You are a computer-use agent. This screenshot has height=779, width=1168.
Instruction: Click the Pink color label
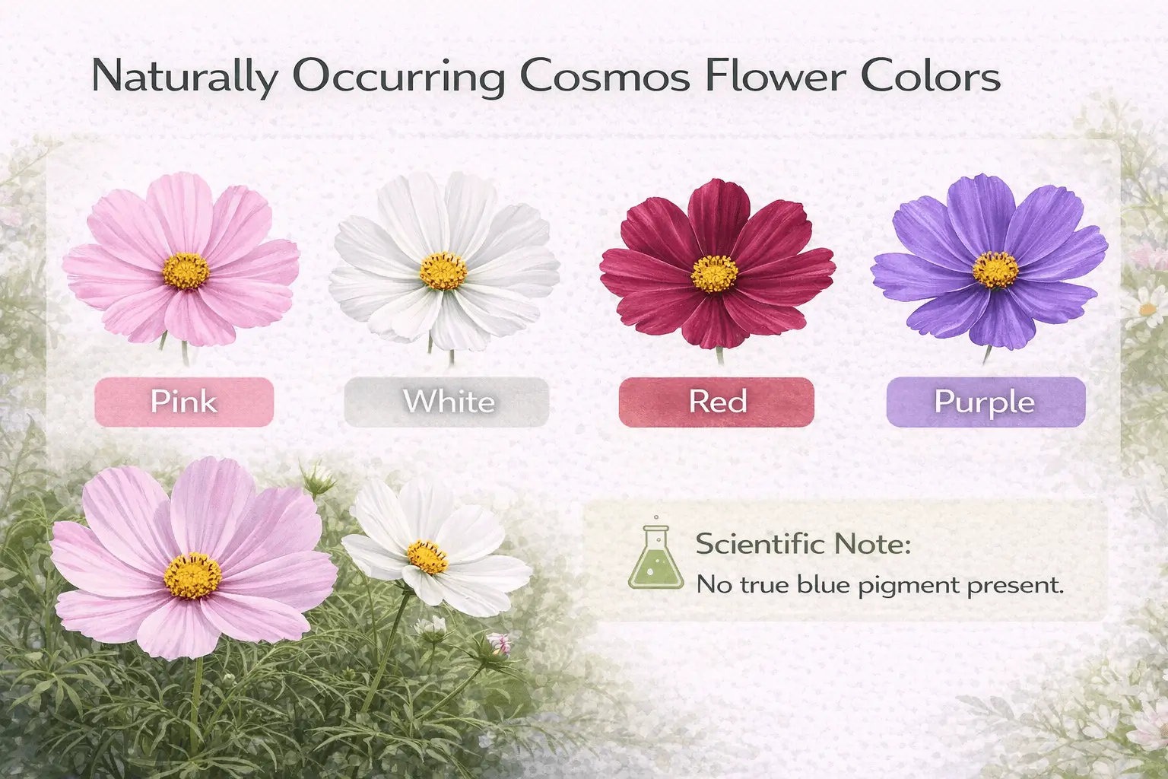pyautogui.click(x=184, y=402)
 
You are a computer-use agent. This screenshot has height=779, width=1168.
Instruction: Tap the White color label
pyautogui.click(x=447, y=402)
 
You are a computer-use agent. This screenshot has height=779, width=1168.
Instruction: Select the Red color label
pyautogui.click(x=717, y=402)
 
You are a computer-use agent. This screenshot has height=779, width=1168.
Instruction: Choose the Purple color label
pyautogui.click(x=985, y=402)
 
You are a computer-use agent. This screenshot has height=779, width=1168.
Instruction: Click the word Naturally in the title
pyautogui.click(x=184, y=79)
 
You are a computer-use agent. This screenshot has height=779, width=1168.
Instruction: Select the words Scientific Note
pyautogui.click(x=803, y=545)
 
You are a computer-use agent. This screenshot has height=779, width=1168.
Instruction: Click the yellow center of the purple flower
pyautogui.click(x=996, y=269)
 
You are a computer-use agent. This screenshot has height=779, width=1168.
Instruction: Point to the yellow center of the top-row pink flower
pyautogui.click(x=186, y=271)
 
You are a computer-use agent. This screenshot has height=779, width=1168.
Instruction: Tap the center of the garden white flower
pyautogui.click(x=427, y=556)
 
